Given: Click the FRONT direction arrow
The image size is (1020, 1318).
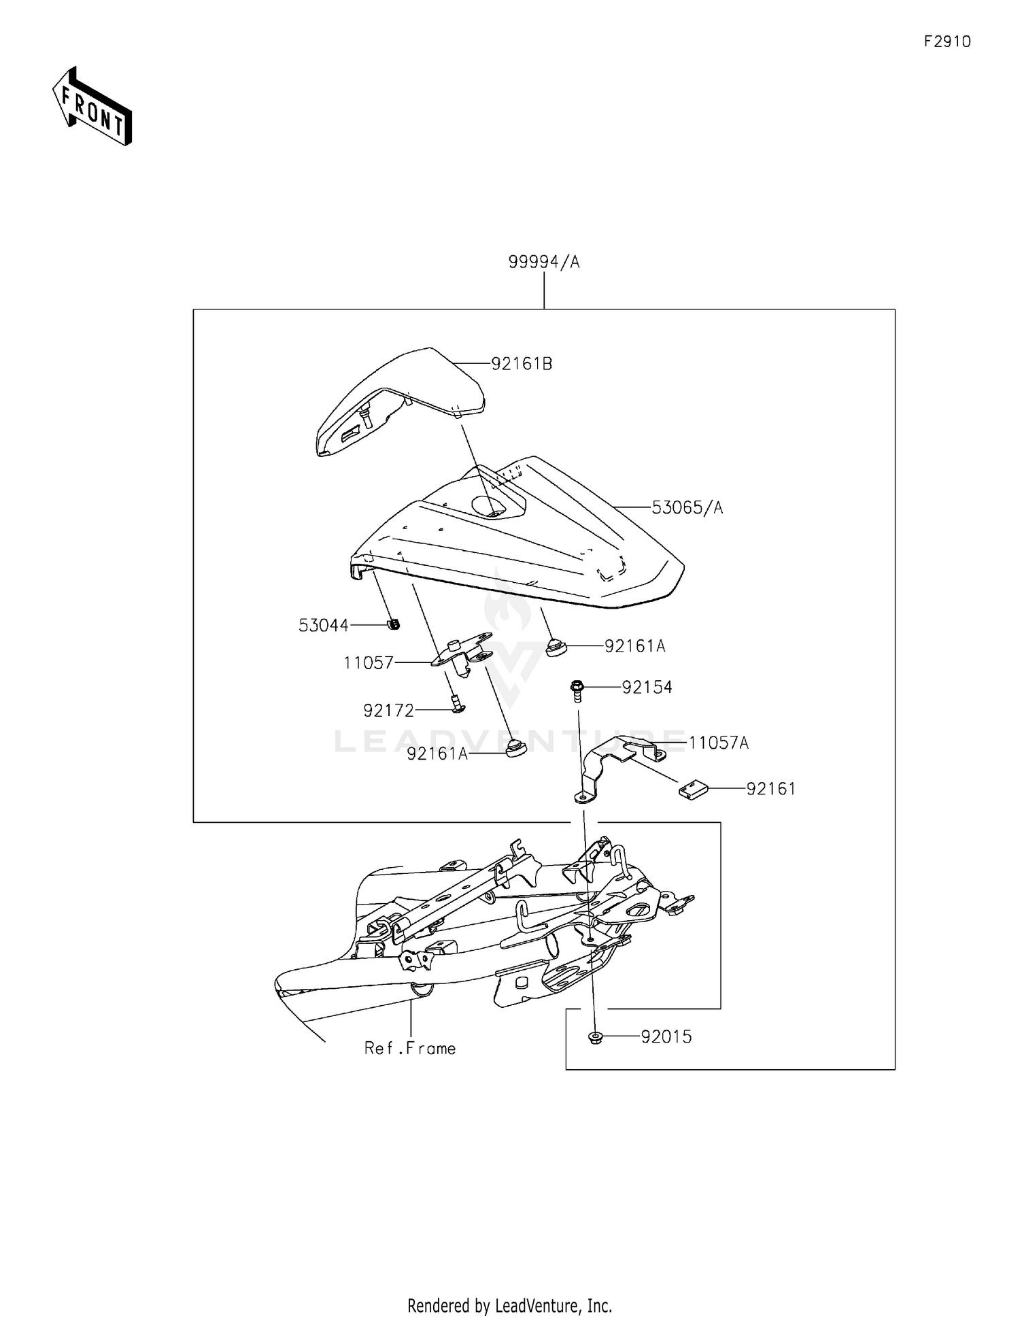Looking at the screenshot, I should (92, 107).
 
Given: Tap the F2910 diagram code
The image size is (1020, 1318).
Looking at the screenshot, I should (947, 41).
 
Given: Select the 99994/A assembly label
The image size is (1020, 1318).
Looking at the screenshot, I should (544, 263).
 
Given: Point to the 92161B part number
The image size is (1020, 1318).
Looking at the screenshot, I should (522, 364).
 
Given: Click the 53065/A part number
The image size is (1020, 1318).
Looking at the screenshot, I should (687, 507).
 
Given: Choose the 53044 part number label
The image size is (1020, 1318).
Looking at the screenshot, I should (324, 626).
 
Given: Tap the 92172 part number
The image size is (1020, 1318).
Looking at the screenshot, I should (388, 711).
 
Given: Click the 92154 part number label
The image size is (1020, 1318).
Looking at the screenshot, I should (647, 688).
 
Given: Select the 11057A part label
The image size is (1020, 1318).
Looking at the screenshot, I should (718, 743).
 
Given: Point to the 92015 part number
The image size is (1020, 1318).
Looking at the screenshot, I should (666, 1037).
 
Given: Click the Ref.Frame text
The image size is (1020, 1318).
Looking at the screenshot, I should (410, 1048).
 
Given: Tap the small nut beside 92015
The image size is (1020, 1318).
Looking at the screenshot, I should (596, 1038).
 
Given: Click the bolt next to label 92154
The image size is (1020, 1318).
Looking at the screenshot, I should (577, 691).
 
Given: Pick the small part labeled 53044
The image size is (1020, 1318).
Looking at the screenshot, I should (393, 624).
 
